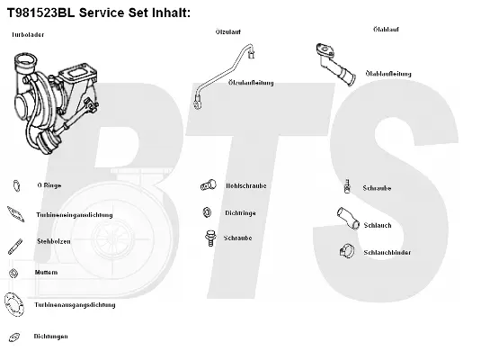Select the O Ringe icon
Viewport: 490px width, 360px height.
point(15,186)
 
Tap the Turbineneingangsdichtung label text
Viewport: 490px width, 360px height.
point(74,215)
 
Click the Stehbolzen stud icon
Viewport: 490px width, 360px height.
point(15,244)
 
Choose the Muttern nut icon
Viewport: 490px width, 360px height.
point(14,273)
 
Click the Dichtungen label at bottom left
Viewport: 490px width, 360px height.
point(51,336)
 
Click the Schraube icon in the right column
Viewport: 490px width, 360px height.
point(345,188)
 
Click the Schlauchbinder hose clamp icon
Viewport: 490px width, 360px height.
point(344,251)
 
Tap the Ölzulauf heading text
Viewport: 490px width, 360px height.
point(227,32)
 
